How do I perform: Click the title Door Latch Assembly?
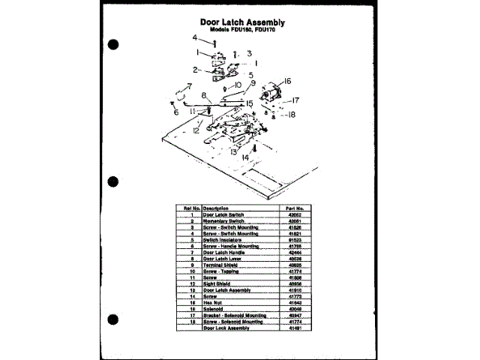tap(247, 22)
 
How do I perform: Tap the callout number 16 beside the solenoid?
tap(286, 81)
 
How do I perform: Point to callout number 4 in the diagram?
tap(193, 37)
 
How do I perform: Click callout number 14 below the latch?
tap(244, 157)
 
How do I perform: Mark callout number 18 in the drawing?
tap(292, 115)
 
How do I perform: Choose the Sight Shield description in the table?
tap(217, 284)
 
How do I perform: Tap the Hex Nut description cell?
tap(214, 302)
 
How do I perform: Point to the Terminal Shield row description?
tap(220, 265)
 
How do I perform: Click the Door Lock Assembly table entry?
tap(226, 328)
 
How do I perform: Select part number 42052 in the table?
tap(293, 214)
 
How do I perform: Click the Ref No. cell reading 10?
tap(192, 271)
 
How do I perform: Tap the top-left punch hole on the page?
tap(114, 45)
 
